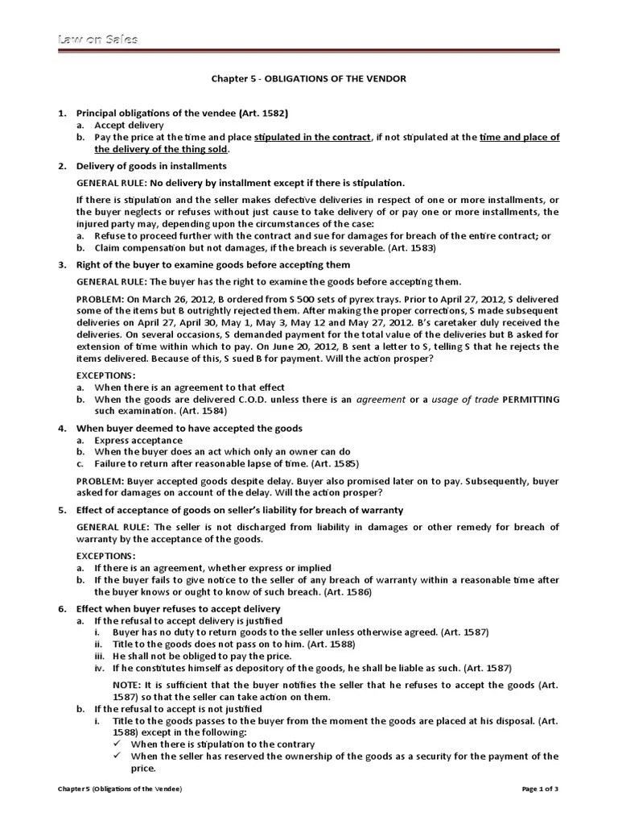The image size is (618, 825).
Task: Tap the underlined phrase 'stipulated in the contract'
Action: (x=312, y=138)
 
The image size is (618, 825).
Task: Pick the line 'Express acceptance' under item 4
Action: (x=138, y=441)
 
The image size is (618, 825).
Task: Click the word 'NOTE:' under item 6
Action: (x=126, y=684)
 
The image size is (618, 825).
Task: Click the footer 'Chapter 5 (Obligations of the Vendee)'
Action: (x=119, y=789)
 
